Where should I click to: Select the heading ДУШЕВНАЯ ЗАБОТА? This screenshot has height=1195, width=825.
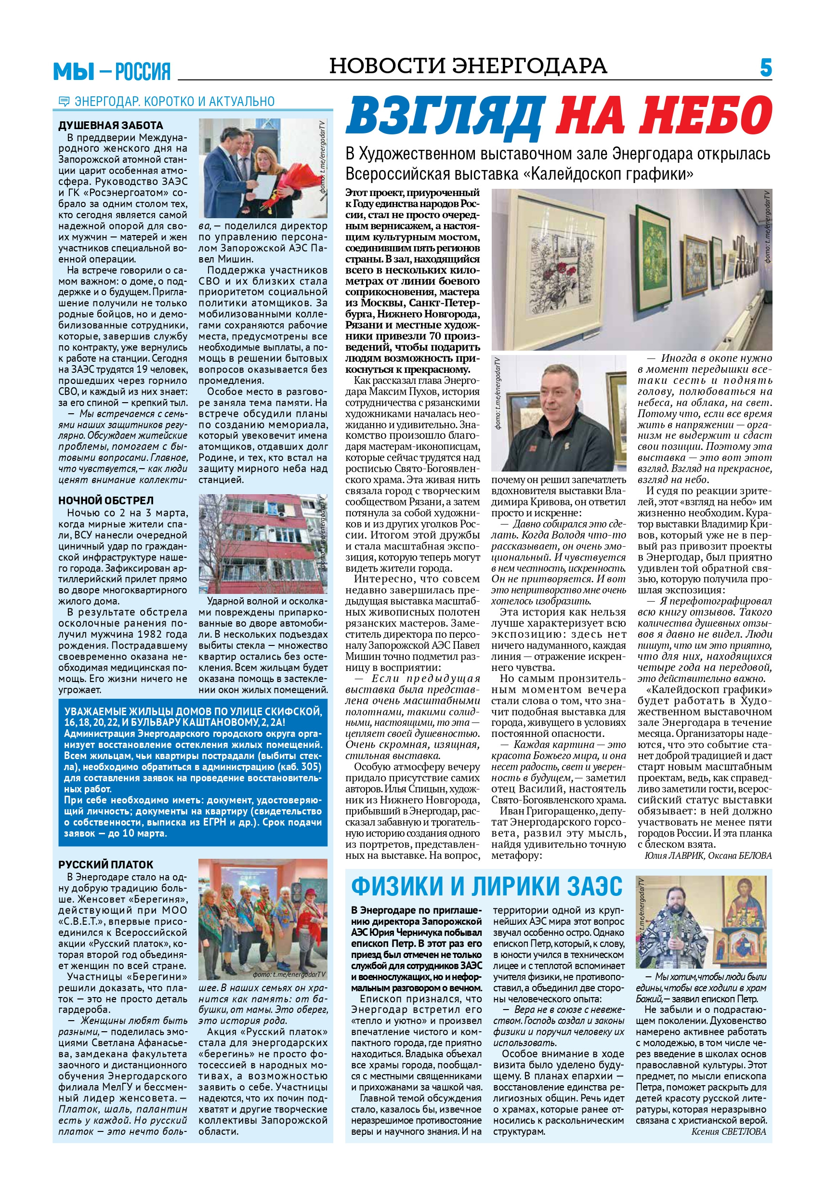(111, 125)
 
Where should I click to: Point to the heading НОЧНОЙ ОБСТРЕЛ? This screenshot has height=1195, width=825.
(106, 500)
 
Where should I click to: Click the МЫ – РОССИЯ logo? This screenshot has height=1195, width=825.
(112, 71)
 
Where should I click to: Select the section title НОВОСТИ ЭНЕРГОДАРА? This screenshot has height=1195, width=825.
(468, 66)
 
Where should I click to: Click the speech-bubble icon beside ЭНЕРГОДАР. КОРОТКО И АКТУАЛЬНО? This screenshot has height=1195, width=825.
(64, 101)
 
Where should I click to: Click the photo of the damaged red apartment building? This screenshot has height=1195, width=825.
(263, 544)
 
